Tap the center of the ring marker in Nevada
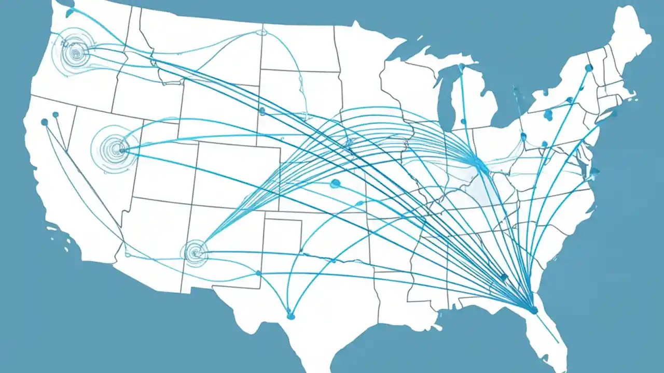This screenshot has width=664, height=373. tap(122, 150)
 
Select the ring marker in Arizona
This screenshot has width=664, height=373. tap(196, 252)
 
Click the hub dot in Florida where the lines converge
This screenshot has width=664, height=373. tap(533, 310)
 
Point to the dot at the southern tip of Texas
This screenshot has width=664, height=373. tap(290, 315)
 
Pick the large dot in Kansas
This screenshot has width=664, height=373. tap(335, 183)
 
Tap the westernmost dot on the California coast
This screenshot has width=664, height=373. tap(44, 122)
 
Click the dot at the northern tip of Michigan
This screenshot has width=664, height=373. tap(461, 67)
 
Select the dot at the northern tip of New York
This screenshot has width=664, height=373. tap(589, 68)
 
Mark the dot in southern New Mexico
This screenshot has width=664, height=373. tap(258, 273)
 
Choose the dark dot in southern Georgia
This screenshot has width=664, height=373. tap(502, 278)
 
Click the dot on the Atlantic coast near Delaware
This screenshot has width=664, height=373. tap(595, 171)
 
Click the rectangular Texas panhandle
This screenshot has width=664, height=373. tap(283, 233)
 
